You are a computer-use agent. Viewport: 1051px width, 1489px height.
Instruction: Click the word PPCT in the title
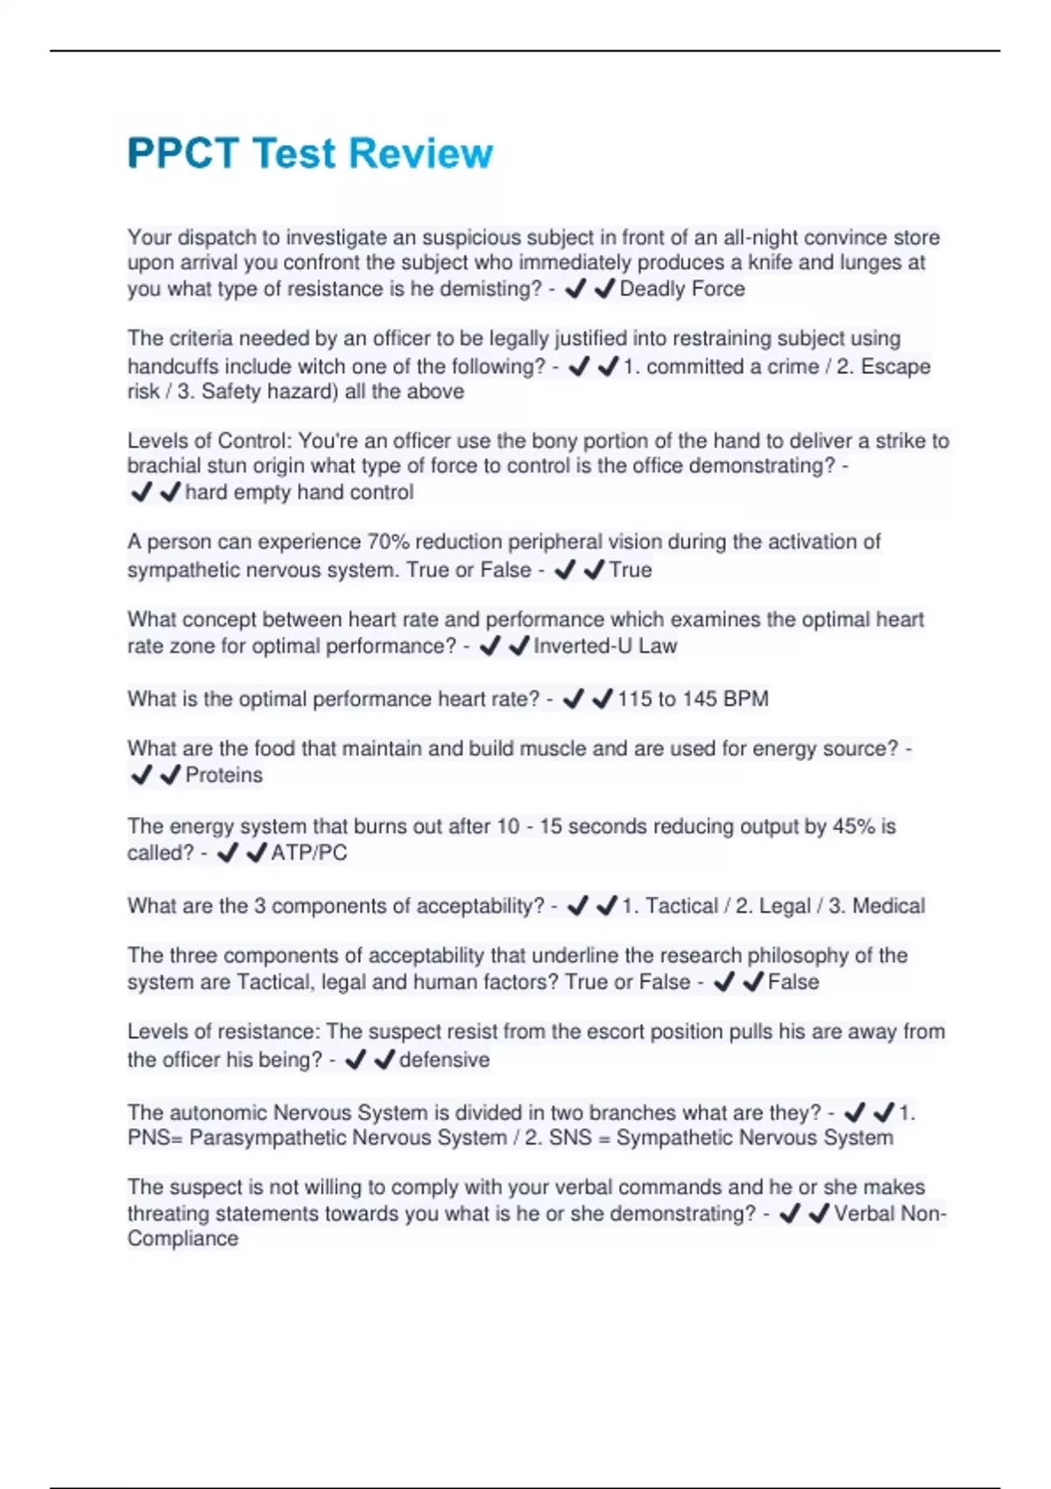(183, 153)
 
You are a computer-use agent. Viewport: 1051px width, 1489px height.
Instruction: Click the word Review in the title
(420, 153)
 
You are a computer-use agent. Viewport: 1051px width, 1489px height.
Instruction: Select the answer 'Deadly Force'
(682, 289)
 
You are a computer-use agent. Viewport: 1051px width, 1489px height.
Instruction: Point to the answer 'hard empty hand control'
(300, 492)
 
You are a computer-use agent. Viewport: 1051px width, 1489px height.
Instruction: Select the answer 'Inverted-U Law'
(605, 646)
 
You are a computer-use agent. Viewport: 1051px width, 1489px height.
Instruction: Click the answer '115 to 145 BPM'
(693, 699)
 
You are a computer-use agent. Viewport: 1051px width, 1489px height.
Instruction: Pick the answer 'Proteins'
(224, 775)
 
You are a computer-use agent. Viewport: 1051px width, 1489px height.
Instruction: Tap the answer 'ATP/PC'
(309, 853)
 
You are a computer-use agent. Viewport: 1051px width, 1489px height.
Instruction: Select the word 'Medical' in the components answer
(888, 906)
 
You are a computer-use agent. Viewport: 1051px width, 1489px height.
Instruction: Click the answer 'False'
(794, 983)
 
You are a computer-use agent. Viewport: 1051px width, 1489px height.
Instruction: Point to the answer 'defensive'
(444, 1060)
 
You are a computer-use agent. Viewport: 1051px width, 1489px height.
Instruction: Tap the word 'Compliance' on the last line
(183, 1238)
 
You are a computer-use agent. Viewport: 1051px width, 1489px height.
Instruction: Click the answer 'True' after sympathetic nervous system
(631, 570)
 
